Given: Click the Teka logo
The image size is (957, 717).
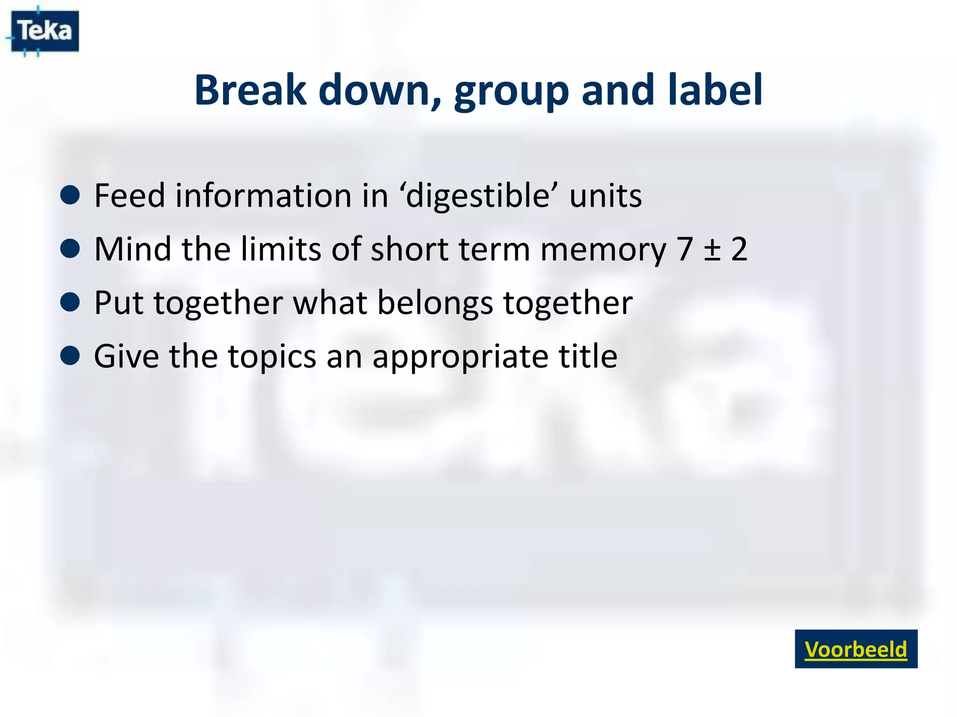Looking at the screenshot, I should click(44, 31).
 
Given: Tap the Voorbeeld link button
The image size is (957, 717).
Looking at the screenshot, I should click(856, 649).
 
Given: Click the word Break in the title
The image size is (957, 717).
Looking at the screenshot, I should click(250, 90).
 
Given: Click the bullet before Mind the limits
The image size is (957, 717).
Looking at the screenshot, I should click(70, 249).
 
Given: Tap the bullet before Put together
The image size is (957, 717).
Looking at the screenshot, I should click(70, 302).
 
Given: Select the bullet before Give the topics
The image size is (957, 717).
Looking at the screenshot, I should click(70, 356).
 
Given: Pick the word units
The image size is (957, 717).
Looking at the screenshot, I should click(606, 196).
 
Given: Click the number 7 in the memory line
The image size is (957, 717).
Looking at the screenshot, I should click(684, 249).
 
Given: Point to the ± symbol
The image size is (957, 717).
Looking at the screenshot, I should click(712, 250).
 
